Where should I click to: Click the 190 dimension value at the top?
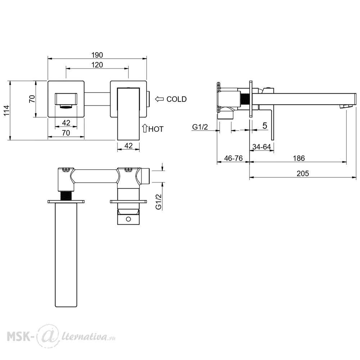pos(97,55)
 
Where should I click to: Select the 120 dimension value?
pos(97,65)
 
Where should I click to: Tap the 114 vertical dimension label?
pos(6,111)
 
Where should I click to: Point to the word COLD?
pos(176,99)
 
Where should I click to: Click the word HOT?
pos(156,129)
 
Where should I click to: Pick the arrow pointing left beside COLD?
pos(159,99)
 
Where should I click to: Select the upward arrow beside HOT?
pos(145,128)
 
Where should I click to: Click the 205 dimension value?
pos(303,174)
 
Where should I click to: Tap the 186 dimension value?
pos(299,158)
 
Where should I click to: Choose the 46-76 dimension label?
pos(233,158)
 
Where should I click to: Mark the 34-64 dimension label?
pos(261,147)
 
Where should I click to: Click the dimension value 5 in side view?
pos(265,126)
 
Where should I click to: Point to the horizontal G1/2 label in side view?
pos(200,127)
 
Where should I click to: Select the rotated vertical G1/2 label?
pos(159,202)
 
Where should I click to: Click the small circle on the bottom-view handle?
pos(129,219)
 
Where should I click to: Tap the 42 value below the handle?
pos(129,145)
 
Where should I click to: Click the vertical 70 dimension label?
pos(32,99)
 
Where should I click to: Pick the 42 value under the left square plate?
pos(66,123)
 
